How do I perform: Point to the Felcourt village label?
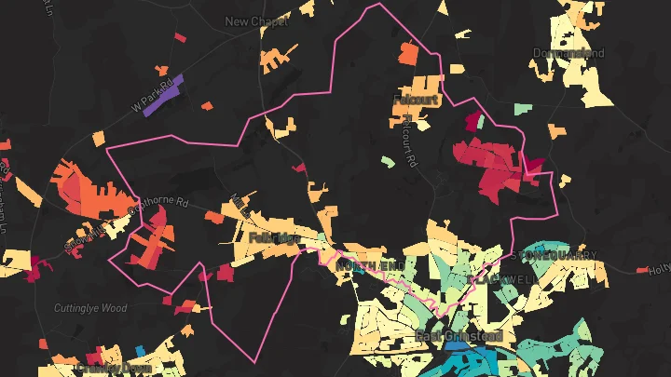click(x=417, y=99)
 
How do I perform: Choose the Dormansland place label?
click(x=568, y=53)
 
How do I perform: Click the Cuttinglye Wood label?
click(x=89, y=308)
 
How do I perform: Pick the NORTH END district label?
click(x=371, y=267)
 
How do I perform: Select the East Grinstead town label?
click(x=459, y=336)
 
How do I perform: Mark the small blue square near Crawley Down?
click(x=141, y=351)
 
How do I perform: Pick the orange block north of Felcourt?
click(x=408, y=52)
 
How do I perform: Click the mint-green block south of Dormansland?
click(x=521, y=108)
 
